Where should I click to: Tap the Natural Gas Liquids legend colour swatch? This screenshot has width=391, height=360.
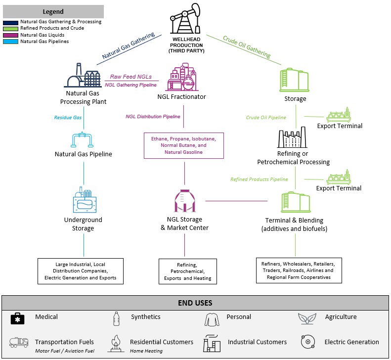[x=11, y=35]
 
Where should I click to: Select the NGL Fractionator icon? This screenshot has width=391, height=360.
[x=181, y=78]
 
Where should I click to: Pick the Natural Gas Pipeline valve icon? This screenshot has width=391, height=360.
[x=83, y=140]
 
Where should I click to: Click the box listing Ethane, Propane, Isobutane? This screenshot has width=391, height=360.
[x=184, y=145]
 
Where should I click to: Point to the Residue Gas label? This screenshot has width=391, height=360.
[x=68, y=117]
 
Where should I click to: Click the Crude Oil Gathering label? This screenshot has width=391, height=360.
[x=247, y=47]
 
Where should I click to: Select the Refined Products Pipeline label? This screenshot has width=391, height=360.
[x=259, y=179]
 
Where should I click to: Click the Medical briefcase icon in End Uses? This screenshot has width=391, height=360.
[x=18, y=318]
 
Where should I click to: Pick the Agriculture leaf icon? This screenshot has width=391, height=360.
[x=307, y=318]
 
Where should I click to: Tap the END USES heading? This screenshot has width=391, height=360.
[x=195, y=303]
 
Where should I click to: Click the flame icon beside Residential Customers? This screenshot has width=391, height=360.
[x=116, y=342]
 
